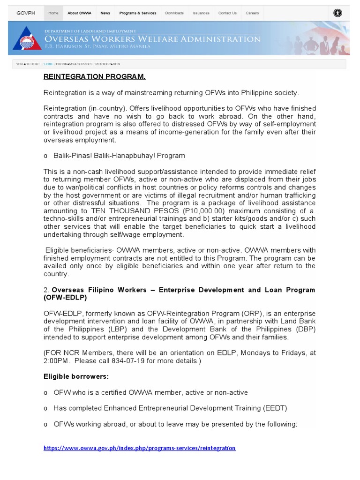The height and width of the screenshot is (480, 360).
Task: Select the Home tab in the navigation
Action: pos(53,13)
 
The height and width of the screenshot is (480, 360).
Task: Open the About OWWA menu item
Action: pos(79,13)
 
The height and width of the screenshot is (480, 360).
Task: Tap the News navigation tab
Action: pos(105,13)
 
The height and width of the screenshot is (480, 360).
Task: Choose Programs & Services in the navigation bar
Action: pos(138,13)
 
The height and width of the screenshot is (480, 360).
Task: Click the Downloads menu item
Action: pos(174,13)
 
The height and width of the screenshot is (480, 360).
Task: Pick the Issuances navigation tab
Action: pos(201,13)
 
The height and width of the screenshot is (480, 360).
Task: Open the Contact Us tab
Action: pos(227,13)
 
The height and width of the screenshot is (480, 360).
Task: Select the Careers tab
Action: pos(252,13)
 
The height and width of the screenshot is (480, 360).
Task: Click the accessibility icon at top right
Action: pos(337,13)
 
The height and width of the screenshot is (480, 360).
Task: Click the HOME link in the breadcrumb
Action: pos(49,64)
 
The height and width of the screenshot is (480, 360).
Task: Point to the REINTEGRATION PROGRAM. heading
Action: pos(94,76)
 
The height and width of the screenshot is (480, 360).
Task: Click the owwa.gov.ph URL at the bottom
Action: pos(139,448)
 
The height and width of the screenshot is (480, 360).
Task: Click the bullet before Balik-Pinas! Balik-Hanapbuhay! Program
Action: pos(45,156)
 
